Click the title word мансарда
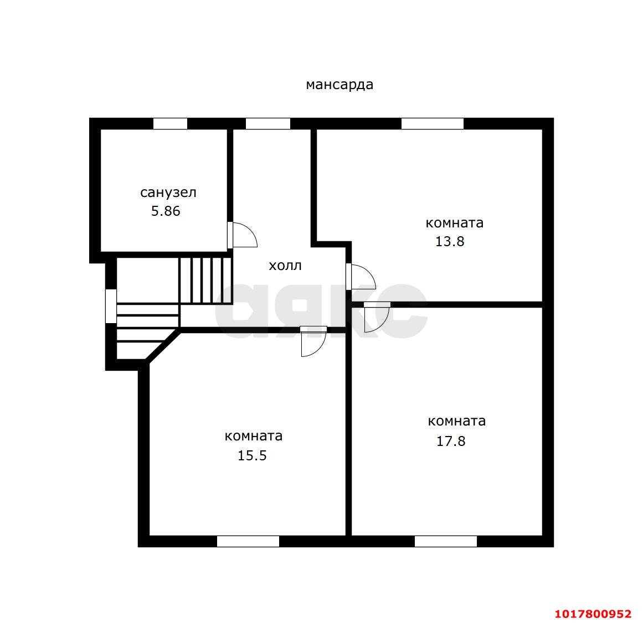pos(339,85)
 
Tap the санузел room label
pos(168,193)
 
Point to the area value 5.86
pos(166,211)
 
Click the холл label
pos(285,266)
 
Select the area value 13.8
pos(450,241)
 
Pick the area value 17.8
pos(451,441)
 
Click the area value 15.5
pos(252,455)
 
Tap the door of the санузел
pos(242,235)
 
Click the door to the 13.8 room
pos(361,277)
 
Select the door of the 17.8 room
pos(377,318)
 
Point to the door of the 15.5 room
pos(313,341)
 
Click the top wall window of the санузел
pos(170,124)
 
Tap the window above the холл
pos(268,124)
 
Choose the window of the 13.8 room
pos(432,124)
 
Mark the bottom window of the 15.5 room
pos(248,541)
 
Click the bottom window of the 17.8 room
pos(446,541)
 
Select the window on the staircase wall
pos(111,306)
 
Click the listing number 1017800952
pos(593,614)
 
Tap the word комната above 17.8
pos(457,421)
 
